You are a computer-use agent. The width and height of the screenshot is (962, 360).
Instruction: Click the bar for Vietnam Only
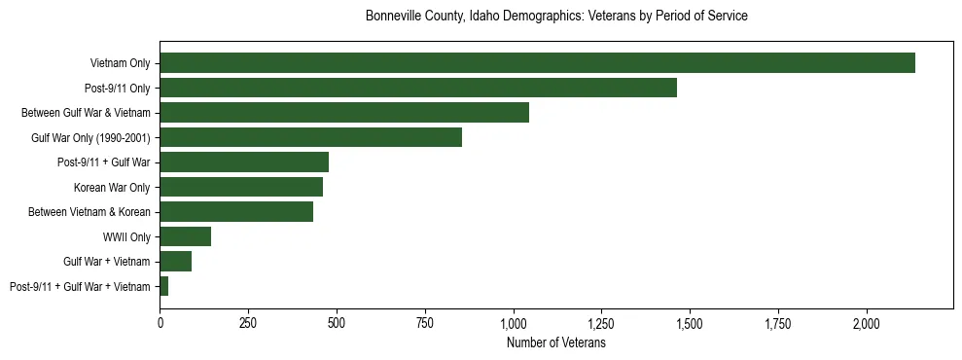(537, 63)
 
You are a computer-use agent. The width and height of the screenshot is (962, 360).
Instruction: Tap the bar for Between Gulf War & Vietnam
(344, 113)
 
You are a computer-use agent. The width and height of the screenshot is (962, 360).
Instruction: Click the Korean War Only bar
(241, 187)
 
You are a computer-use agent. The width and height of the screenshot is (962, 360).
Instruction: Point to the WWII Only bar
(185, 236)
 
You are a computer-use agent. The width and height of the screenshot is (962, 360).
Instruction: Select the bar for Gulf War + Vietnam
(175, 261)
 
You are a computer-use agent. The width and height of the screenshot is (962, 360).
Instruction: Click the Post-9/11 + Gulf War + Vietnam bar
(164, 286)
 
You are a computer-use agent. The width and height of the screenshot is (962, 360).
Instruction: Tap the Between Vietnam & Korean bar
(236, 211)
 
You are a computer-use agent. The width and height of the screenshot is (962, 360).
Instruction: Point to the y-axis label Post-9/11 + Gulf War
(104, 162)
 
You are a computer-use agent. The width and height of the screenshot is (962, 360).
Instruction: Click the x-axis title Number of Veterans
(556, 342)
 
